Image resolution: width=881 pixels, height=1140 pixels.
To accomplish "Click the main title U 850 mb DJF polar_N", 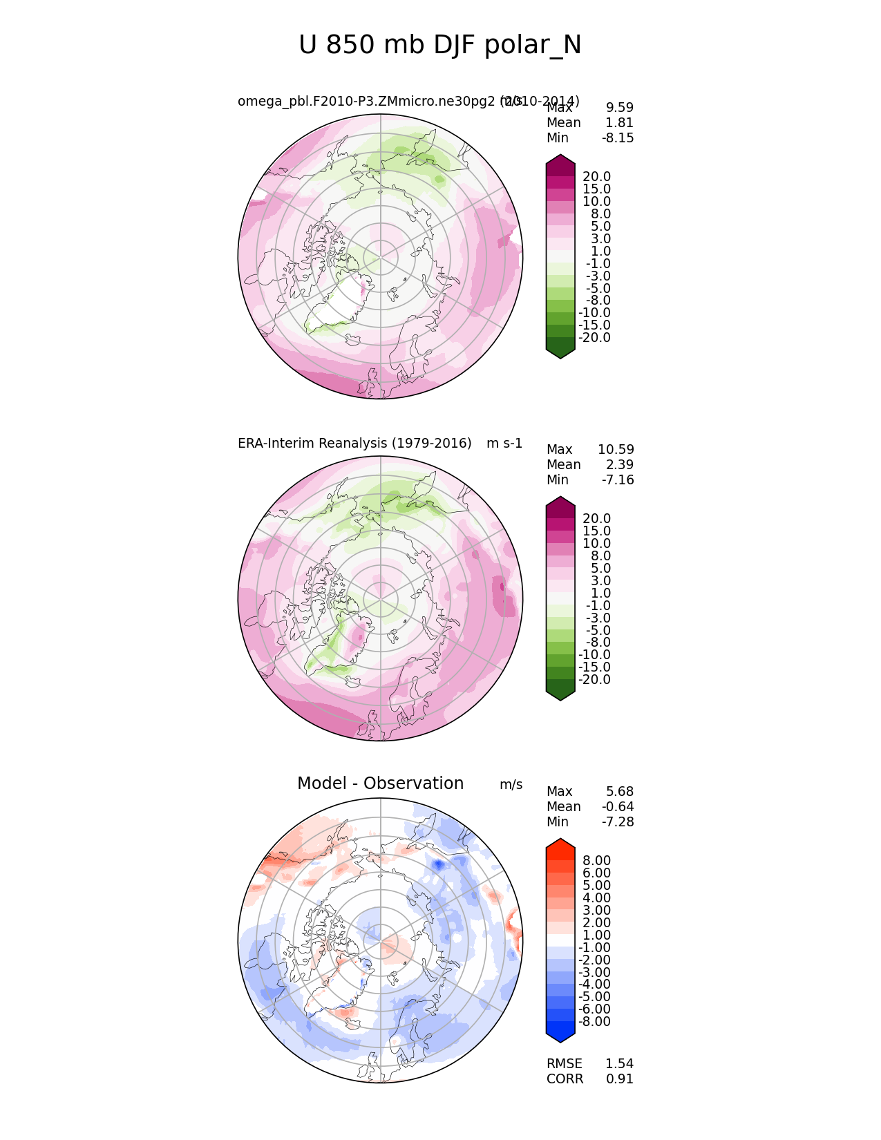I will point(440,46).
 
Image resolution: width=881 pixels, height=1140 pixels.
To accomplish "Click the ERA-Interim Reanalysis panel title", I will point(354,443).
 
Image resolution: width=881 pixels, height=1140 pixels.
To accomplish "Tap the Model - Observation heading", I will point(380,783).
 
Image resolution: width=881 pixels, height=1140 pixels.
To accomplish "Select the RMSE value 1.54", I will point(619,1063).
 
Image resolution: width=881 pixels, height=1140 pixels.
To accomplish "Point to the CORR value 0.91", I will point(619,1079).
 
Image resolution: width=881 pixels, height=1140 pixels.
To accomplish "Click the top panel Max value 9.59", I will point(619,107).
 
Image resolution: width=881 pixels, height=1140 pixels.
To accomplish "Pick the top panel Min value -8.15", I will point(618,137).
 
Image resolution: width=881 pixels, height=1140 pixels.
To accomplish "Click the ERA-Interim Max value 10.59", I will point(616,449).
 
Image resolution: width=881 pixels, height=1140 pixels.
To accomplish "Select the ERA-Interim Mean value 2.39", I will point(619,464).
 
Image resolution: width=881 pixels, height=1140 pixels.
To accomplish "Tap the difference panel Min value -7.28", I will point(618,821).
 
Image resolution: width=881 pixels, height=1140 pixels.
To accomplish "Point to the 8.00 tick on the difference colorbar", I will point(596,860).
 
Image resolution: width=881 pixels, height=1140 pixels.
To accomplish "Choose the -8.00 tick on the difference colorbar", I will point(594,1021).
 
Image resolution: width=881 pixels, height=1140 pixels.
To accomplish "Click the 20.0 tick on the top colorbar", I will point(596,176).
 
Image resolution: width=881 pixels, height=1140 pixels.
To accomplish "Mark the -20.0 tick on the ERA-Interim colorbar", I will point(594,679).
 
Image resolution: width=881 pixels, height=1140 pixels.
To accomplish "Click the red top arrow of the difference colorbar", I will point(560,846).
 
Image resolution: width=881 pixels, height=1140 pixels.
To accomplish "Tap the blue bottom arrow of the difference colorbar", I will point(560,1034).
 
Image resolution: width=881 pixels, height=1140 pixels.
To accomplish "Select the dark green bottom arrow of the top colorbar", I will point(560,350).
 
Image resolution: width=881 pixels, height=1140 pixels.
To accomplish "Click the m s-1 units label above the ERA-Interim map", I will point(504,443).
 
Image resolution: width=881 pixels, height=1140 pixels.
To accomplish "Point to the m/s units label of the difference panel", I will point(511,785).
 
